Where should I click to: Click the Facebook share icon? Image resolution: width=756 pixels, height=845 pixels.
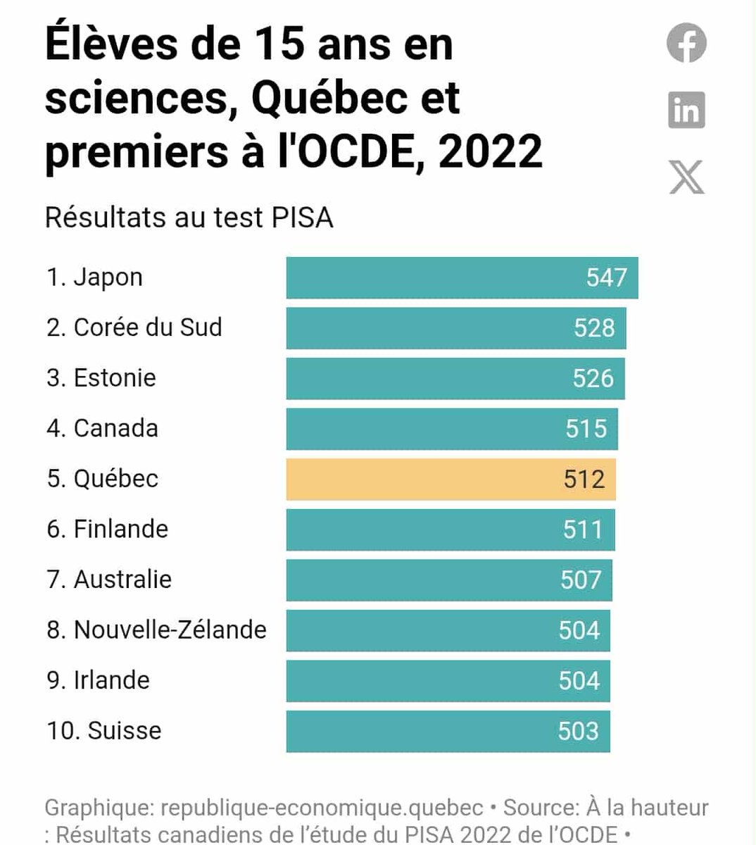click(686, 44)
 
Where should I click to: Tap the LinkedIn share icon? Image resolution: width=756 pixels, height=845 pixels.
click(686, 111)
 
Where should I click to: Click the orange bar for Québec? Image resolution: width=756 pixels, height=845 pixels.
click(451, 480)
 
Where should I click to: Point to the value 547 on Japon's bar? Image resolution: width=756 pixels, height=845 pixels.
click(606, 277)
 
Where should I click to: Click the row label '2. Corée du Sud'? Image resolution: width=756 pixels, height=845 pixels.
click(134, 327)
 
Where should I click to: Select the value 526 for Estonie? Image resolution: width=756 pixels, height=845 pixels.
click(593, 378)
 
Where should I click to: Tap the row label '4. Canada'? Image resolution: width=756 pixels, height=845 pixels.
click(103, 428)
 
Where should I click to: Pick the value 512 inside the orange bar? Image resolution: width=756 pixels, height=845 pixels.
click(584, 480)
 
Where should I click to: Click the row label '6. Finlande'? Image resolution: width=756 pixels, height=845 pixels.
click(108, 529)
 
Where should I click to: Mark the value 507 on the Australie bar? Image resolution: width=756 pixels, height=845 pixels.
click(581, 580)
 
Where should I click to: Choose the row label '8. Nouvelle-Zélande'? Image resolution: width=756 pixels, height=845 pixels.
click(156, 630)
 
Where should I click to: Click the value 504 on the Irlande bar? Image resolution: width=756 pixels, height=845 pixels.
click(579, 681)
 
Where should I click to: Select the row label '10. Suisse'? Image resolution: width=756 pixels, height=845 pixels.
click(104, 730)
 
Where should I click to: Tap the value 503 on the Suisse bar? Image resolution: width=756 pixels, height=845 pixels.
click(578, 731)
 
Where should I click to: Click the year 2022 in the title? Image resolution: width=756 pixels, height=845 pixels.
click(491, 151)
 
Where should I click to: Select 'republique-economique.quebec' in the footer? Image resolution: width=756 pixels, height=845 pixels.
click(322, 808)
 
